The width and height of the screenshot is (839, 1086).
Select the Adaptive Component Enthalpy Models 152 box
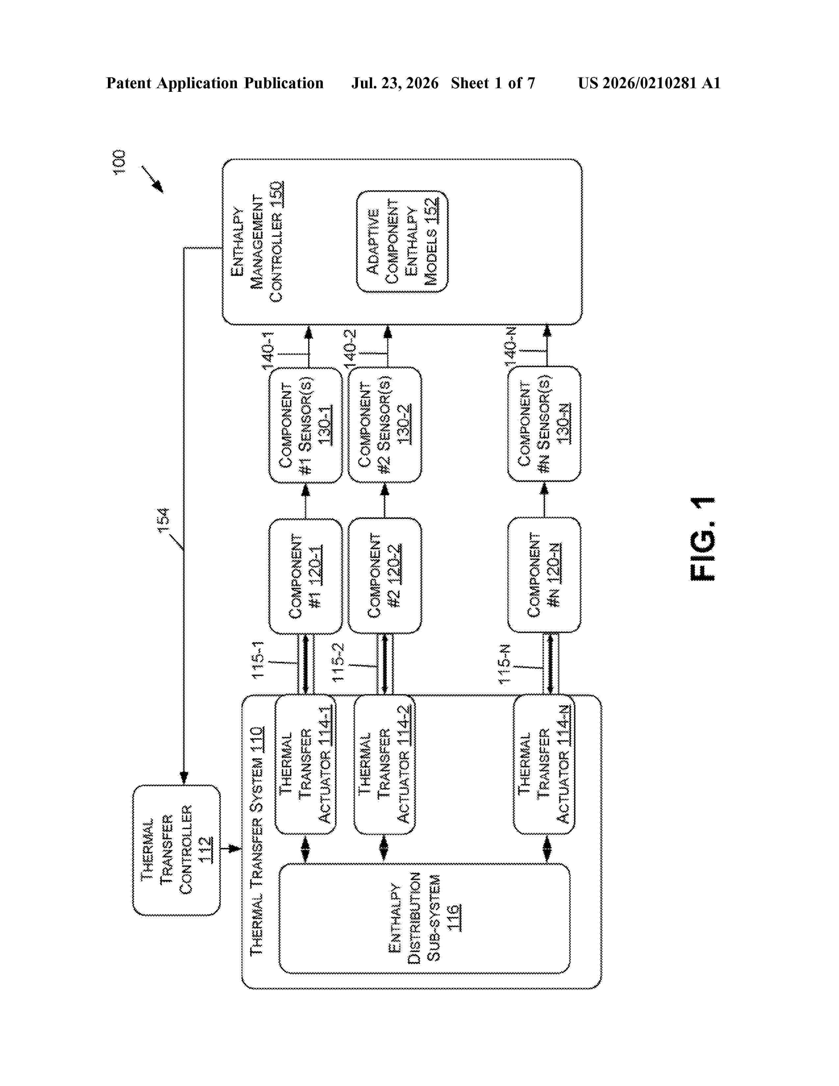[x=402, y=241]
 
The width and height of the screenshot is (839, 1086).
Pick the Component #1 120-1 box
[x=305, y=576]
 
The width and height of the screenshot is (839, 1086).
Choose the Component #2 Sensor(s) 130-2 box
[x=385, y=425]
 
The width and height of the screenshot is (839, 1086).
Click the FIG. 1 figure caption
[x=702, y=538]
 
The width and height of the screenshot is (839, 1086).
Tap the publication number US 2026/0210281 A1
[x=649, y=83]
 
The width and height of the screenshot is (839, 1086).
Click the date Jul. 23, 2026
[x=395, y=83]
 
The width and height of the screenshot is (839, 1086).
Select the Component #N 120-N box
[x=544, y=575]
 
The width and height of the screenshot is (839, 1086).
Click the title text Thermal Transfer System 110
[x=257, y=841]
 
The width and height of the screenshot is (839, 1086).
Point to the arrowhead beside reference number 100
[x=158, y=188]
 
